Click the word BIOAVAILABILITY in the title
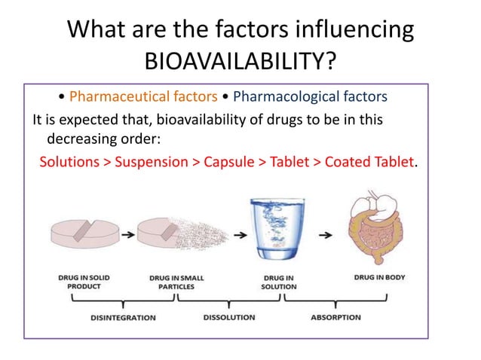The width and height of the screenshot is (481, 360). [x=240, y=59]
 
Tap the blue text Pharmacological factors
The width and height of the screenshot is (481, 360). [x=310, y=97]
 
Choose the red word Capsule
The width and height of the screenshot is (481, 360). [x=222, y=162]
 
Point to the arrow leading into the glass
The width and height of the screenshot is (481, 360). [x=240, y=235]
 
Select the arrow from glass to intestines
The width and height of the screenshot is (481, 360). [x=326, y=235]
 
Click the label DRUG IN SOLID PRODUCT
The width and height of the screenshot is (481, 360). [x=84, y=282]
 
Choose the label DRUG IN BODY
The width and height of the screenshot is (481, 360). [x=379, y=277]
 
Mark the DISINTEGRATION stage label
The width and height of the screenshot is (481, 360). [x=123, y=317]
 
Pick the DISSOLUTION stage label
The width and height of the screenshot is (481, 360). [x=230, y=317]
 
